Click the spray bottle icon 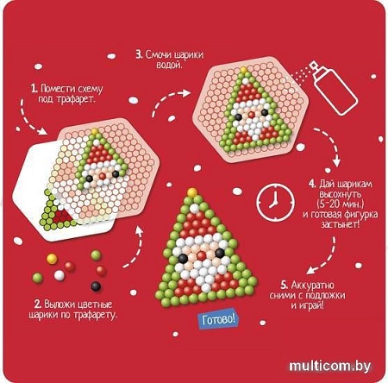335,88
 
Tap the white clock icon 275,201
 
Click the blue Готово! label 218,319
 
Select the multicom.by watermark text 329,367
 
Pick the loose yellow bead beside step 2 52,259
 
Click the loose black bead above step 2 96,286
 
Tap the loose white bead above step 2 59,275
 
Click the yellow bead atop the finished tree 192,192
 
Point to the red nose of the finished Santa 201,255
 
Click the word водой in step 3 168,65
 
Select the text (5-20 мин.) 341,204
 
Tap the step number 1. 34,88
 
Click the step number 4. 312,184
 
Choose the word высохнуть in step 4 341,194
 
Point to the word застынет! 341,224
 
